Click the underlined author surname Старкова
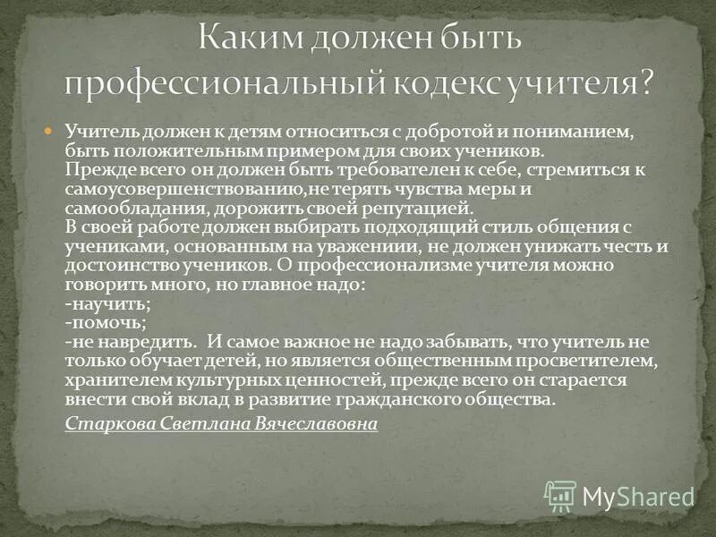click(106, 423)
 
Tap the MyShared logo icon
click(560, 495)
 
